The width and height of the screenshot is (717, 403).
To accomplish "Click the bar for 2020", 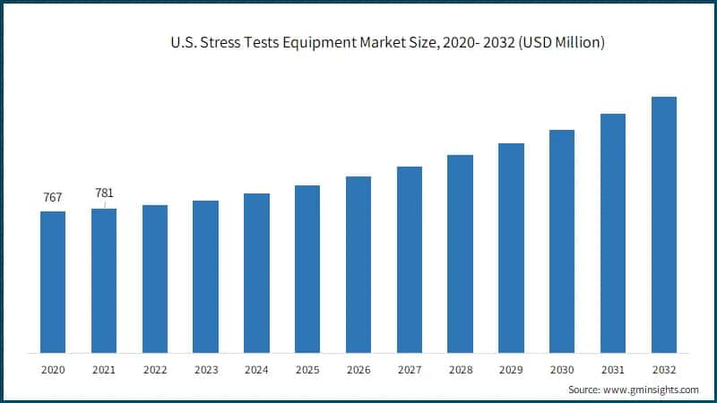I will (53, 282).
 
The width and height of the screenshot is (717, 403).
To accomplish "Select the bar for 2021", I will (104, 280).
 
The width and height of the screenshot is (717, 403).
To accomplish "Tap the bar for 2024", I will (256, 273).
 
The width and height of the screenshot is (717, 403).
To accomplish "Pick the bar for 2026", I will (358, 264).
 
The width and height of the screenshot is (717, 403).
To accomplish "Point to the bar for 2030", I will (562, 241).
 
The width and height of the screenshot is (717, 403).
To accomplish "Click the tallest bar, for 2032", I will (663, 224).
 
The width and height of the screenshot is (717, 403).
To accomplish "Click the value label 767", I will (53, 197).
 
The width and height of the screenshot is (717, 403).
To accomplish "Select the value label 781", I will (105, 193).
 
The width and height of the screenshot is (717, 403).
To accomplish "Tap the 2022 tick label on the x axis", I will (155, 369).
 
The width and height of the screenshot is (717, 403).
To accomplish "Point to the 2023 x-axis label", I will (206, 369).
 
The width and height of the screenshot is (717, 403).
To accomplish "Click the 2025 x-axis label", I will (307, 369).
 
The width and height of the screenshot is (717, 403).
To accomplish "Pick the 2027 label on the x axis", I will (410, 369).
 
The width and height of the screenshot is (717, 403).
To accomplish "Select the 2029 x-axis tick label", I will (511, 369).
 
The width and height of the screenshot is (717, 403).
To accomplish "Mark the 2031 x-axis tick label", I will (612, 369).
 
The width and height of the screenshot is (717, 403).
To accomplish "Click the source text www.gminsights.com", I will (651, 390).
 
